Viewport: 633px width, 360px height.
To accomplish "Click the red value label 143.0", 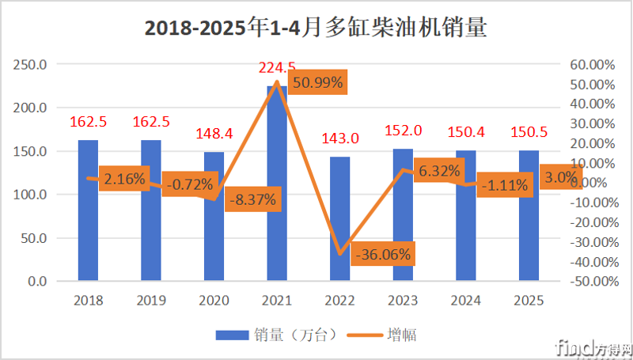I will [340, 138].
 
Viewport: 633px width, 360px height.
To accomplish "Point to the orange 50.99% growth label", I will [317, 84].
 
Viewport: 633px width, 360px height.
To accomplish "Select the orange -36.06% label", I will [383, 256].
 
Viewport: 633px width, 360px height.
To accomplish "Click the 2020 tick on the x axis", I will [214, 301].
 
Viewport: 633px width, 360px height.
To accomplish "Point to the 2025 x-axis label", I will [529, 301].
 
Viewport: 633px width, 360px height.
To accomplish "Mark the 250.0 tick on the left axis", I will [32, 64].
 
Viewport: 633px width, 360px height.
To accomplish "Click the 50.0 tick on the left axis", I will [35, 238].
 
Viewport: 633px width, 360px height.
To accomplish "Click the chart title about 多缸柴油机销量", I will [316, 28].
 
